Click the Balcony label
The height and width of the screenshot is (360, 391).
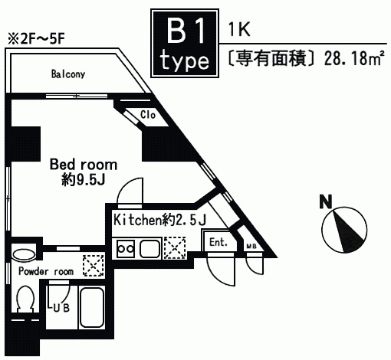click(68, 74)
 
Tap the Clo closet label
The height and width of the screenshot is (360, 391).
click(148, 115)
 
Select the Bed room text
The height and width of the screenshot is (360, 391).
click(84, 165)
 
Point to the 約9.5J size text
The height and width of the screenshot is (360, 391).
click(84, 180)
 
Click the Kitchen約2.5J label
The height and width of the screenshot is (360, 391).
click(160, 220)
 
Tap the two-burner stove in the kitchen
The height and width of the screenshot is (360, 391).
click(126, 248)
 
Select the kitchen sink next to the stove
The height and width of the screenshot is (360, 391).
click(149, 249)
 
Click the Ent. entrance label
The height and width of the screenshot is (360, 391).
click(219, 242)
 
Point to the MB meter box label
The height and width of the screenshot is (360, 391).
click(251, 247)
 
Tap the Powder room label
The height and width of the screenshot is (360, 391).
click(46, 271)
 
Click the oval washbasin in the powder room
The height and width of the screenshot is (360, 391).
click(24, 255)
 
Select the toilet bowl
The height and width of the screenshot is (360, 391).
click(25, 299)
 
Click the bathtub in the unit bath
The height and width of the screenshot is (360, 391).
click(92, 307)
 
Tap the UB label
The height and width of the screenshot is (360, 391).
click(61, 308)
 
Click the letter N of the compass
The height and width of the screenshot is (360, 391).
click(326, 201)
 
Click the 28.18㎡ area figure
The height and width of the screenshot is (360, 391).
click(354, 58)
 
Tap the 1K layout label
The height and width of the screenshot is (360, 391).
click(239, 29)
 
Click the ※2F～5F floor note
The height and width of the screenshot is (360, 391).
click(36, 39)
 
